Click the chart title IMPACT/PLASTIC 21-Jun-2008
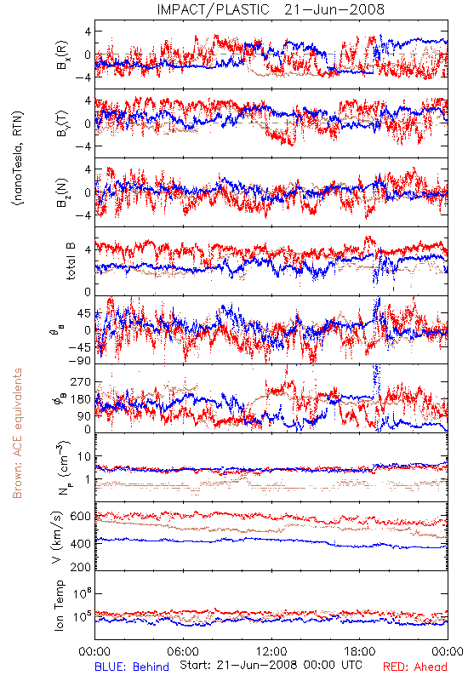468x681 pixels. (271, 9)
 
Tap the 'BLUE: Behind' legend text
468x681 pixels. (132, 667)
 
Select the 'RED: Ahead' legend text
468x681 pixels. (414, 667)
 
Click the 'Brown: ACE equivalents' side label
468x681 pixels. (17, 433)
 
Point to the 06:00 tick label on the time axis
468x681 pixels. (183, 651)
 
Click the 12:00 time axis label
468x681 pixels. (271, 651)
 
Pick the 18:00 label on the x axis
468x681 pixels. (359, 651)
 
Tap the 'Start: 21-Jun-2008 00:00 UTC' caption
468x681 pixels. (271, 665)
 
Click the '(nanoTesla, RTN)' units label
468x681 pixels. (18, 157)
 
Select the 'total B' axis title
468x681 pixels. (71, 260)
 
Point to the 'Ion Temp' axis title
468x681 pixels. (59, 605)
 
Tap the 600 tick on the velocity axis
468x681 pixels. (80, 516)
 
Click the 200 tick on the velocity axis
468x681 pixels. (80, 567)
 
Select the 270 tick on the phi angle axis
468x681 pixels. (80, 381)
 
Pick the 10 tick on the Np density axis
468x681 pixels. (84, 456)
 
